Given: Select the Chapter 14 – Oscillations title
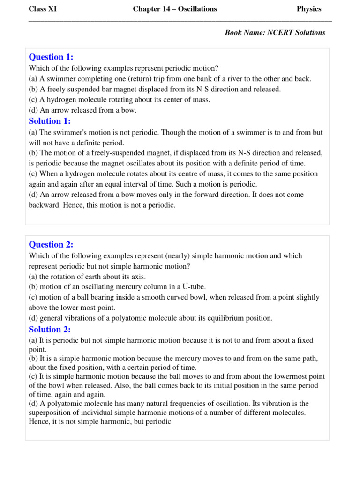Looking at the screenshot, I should [175, 9].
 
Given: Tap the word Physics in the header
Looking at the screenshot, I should [309, 9].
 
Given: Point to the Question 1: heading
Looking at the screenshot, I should [51, 57].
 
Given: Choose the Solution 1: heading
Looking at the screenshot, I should [50, 121].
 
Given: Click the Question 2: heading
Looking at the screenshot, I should [51, 244].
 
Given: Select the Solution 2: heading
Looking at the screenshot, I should [50, 329].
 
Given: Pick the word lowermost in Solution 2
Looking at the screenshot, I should [278, 376].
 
